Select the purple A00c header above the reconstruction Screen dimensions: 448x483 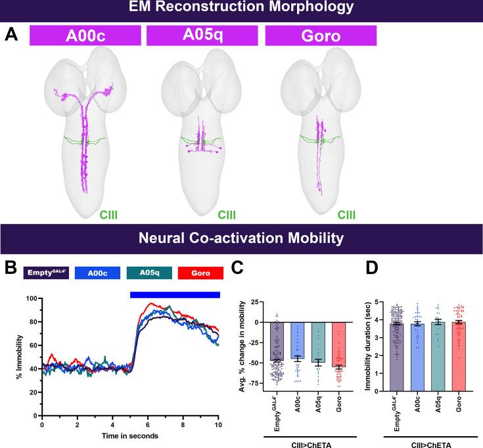click(x=84, y=35)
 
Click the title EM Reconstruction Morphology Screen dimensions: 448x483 click(x=241, y=9)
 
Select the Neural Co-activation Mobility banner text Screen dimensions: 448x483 click(x=241, y=237)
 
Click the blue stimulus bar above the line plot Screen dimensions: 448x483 click(x=175, y=294)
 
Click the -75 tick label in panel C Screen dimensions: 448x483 click(x=261, y=378)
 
